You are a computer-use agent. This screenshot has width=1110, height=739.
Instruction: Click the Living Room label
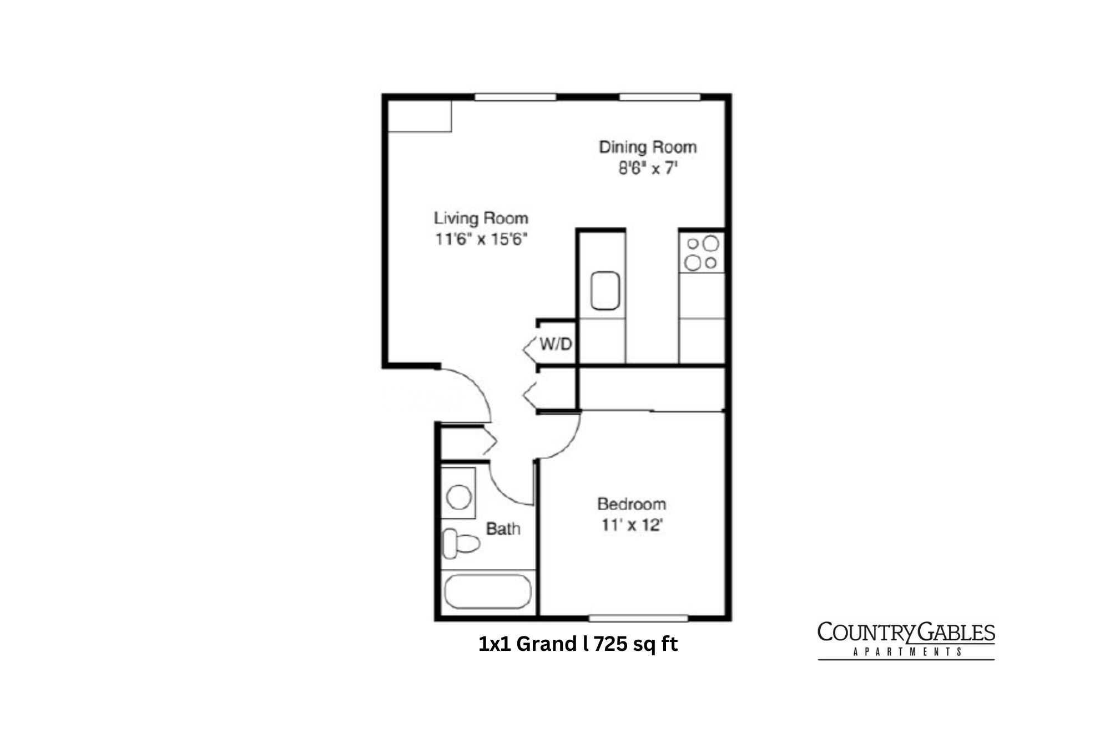(x=481, y=218)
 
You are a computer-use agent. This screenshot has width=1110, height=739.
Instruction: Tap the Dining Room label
(x=648, y=147)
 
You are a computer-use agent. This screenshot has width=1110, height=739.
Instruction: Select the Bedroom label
(x=632, y=504)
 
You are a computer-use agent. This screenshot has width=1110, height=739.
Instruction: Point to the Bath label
(x=503, y=529)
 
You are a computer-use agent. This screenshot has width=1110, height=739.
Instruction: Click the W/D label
(x=556, y=344)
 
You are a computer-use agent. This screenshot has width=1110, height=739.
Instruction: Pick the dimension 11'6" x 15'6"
(x=481, y=239)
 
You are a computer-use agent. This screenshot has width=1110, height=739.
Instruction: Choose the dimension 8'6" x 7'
(x=648, y=168)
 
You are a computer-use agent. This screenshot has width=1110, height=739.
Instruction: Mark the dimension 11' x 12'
(x=632, y=525)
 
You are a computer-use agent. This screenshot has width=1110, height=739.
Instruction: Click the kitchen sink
(x=605, y=290)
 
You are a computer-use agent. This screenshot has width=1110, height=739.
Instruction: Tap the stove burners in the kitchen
(x=702, y=253)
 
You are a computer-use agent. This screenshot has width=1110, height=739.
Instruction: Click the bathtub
(x=488, y=592)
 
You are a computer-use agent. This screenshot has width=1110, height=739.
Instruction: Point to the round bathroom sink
(x=459, y=497)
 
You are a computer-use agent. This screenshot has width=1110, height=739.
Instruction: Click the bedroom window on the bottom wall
(x=638, y=618)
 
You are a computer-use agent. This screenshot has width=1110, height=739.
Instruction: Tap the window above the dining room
(x=659, y=97)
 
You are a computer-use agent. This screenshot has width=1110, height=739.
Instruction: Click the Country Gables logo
(x=906, y=640)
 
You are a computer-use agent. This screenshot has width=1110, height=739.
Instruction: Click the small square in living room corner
(x=420, y=116)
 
